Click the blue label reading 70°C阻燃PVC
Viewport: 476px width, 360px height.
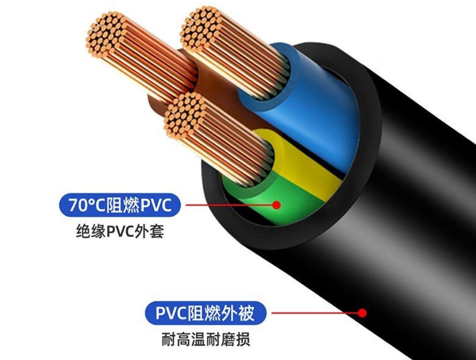tap(120, 205)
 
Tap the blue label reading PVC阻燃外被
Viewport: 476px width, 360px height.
tap(206, 313)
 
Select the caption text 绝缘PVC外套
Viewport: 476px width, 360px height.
tap(120, 231)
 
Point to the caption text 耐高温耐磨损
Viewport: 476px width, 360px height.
tap(206, 339)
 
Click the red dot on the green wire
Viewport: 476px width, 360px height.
tap(276, 205)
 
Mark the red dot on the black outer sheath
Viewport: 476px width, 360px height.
tap(362, 313)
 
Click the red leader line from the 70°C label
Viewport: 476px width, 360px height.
tap(229, 205)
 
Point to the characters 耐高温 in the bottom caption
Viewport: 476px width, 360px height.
tap(184, 339)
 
